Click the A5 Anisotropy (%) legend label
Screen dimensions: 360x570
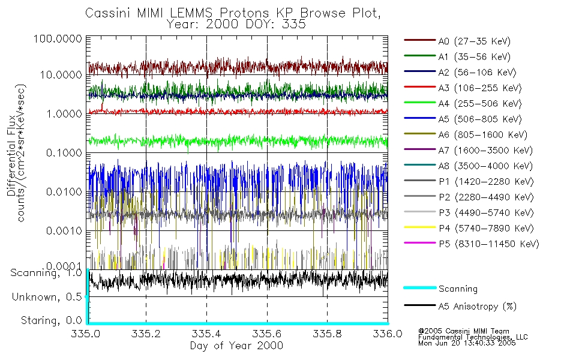[x=478, y=307]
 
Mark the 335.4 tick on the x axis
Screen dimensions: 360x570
[x=206, y=334]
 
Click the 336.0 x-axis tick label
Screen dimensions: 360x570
[x=386, y=334]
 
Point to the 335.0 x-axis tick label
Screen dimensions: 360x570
[x=86, y=334]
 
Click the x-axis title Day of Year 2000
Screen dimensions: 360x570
[x=236, y=346]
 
